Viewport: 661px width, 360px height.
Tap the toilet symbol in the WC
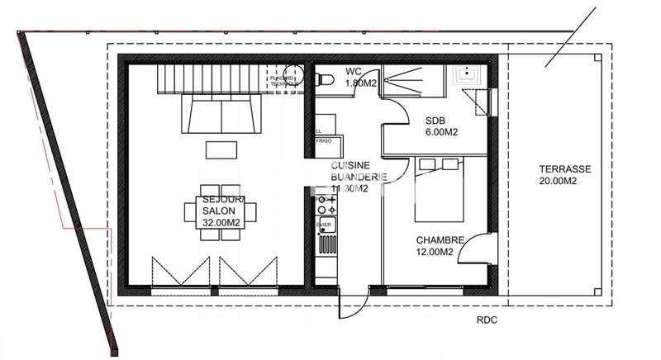tap(324, 79)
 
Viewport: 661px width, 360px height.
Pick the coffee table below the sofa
tap(221, 149)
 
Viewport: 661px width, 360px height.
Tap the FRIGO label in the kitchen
tap(325, 142)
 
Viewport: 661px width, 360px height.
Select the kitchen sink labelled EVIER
tap(325, 224)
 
